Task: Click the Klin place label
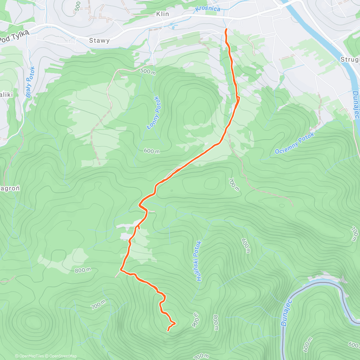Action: coord(163,14)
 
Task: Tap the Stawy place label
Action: coord(99,40)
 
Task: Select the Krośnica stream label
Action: coord(208,8)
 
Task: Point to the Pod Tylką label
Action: coord(14,36)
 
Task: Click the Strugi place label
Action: coord(350,59)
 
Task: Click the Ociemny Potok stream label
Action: coord(295,143)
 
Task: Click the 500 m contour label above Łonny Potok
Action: coord(148,72)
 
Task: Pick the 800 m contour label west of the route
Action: coord(83,270)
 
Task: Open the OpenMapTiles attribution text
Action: coord(29,356)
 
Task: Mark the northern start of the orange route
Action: coord(226,29)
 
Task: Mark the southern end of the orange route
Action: coord(167,331)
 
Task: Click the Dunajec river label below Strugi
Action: coord(356,105)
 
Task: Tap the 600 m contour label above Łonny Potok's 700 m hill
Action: coord(151,151)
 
